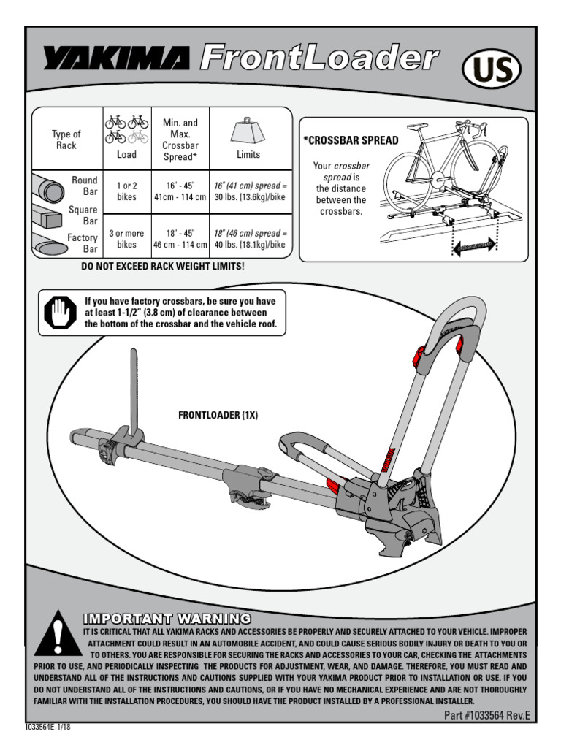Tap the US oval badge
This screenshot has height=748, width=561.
492,71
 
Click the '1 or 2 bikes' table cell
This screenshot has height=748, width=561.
126,191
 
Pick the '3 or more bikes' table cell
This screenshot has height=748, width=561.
126,239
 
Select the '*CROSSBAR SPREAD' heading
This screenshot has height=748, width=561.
351,140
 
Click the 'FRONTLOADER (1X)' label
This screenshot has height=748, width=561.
218,415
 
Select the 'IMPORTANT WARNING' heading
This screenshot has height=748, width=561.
167,618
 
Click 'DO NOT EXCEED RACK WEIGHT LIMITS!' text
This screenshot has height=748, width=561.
162,267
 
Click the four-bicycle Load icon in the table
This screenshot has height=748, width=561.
126,129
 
